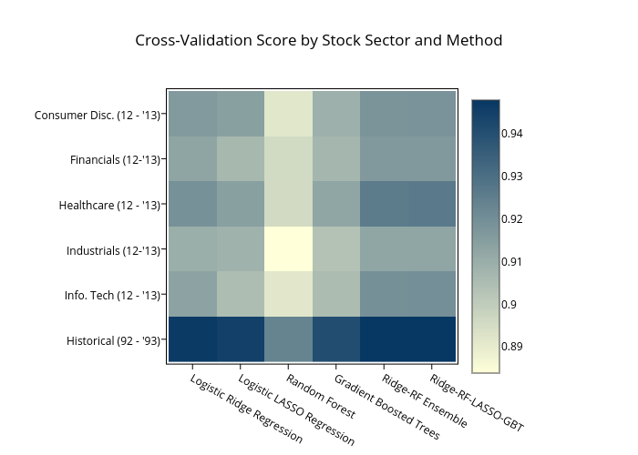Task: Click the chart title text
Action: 319,41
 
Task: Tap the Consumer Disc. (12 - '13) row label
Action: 98,115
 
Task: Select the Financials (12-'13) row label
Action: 115,160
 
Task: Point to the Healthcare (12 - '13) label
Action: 109,205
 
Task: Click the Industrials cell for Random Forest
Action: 288,249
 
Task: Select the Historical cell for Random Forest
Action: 288,339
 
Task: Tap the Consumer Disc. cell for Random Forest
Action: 288,114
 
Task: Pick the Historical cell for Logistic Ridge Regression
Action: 192,339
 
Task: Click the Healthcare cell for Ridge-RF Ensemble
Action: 384,204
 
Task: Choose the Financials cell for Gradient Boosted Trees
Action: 336,159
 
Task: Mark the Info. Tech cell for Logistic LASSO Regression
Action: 241,294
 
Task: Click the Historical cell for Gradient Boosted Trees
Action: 336,339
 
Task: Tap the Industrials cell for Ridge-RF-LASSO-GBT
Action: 432,249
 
